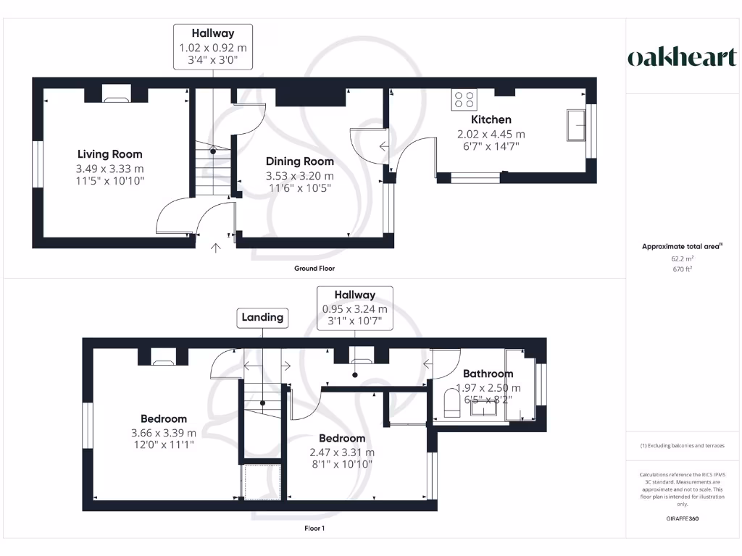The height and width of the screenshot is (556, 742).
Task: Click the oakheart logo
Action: (x=682, y=58)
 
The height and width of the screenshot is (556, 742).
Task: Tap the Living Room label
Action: (x=110, y=154)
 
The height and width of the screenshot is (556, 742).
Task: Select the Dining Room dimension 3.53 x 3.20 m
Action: (x=300, y=175)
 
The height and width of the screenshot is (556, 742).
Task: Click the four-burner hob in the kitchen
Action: (x=464, y=99)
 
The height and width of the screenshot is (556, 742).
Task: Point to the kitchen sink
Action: (x=578, y=125)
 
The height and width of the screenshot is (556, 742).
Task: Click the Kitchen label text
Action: (x=491, y=119)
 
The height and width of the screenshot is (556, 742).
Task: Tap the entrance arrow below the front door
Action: (x=215, y=249)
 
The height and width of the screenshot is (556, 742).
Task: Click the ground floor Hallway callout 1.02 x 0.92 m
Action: (x=212, y=47)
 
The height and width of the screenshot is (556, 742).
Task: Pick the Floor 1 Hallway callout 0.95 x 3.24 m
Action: (x=354, y=308)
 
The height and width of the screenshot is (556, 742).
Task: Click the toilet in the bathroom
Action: (x=450, y=404)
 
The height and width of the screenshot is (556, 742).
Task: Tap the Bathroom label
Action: (x=488, y=374)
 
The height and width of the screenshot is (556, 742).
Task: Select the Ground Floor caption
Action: (x=314, y=269)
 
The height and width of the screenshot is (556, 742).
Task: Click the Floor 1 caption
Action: (x=314, y=529)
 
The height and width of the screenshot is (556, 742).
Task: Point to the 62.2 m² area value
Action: (x=682, y=258)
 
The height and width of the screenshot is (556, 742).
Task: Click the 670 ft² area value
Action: (x=682, y=269)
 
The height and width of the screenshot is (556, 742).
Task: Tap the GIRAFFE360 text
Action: (x=682, y=518)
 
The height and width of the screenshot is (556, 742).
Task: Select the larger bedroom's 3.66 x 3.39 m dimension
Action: (x=164, y=433)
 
